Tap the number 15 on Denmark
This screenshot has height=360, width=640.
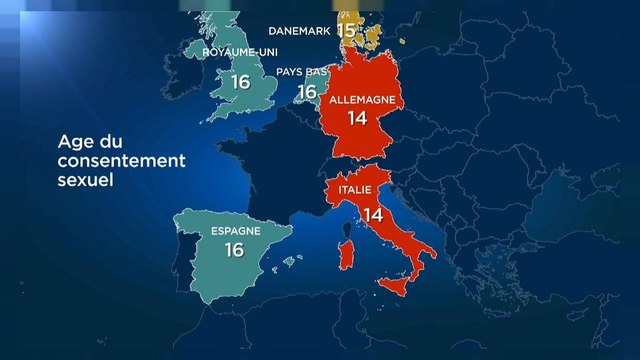tap(347, 29)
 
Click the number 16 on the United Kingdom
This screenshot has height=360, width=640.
tap(239, 82)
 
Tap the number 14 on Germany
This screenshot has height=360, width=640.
tap(358, 118)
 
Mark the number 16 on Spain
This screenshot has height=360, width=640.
tap(235, 250)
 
